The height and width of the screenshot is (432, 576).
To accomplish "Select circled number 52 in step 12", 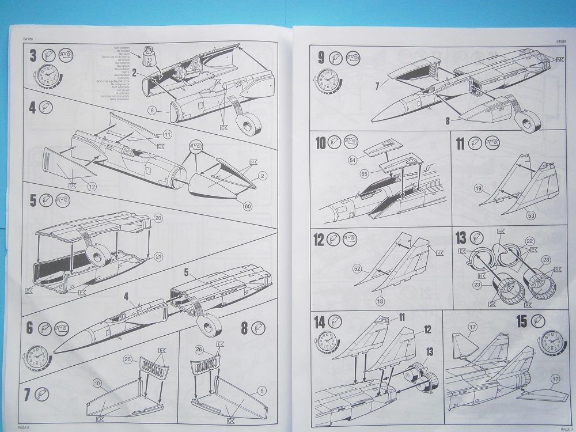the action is [357, 268].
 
